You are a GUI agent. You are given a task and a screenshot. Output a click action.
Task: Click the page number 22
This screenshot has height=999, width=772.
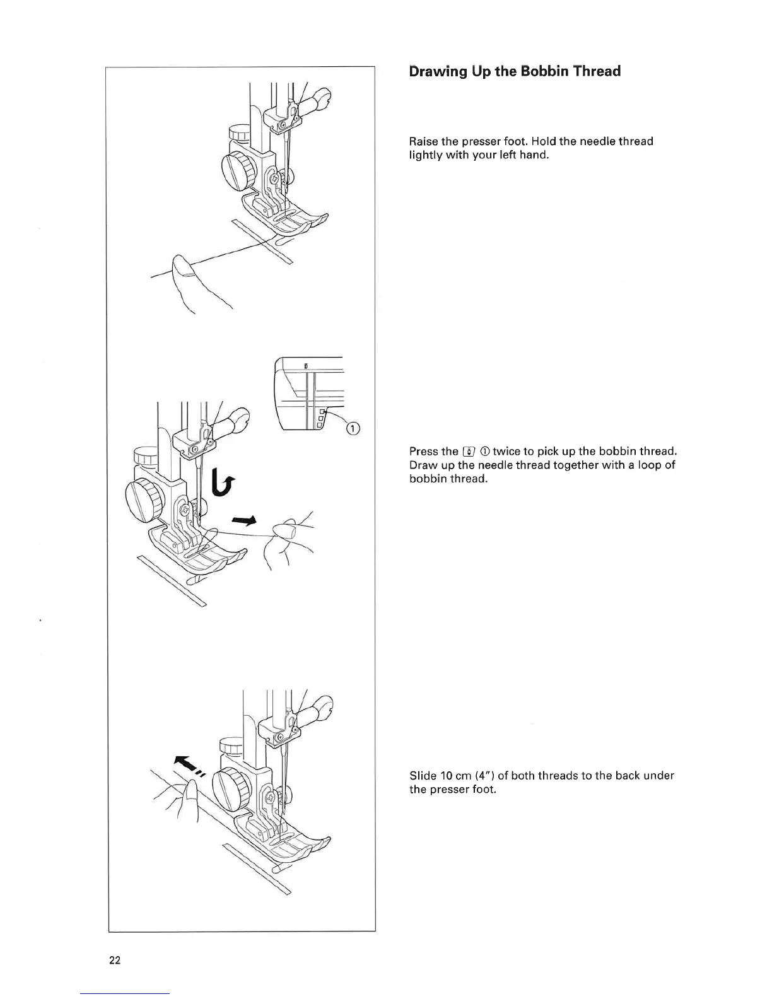[x=115, y=961]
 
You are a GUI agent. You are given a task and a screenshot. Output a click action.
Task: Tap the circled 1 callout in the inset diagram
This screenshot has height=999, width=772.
[x=353, y=429]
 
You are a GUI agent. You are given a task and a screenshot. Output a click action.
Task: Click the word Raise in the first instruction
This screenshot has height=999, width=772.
[x=423, y=141]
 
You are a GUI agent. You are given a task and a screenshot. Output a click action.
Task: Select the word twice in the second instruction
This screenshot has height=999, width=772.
[x=506, y=452]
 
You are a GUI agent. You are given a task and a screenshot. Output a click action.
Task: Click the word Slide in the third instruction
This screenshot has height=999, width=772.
[x=423, y=776]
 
